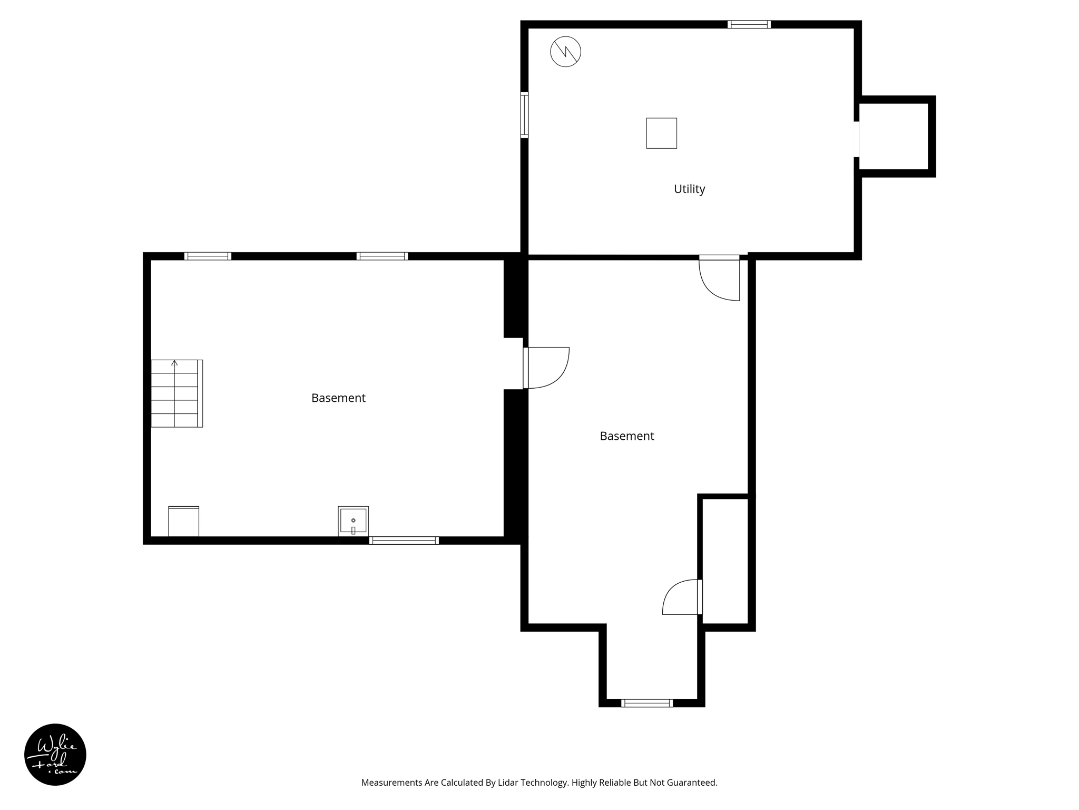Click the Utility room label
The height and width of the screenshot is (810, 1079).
(x=689, y=189)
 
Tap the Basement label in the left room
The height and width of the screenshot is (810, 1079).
(x=338, y=398)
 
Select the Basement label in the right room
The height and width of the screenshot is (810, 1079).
(x=626, y=436)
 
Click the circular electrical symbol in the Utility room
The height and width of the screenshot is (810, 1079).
(x=565, y=52)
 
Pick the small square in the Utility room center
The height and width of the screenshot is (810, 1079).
(x=661, y=133)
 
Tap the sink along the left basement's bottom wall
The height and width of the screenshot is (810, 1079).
(x=353, y=521)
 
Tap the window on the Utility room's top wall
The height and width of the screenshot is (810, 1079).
(x=749, y=24)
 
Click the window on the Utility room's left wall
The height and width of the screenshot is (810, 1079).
(x=524, y=115)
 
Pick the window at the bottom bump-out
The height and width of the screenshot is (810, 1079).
(x=647, y=703)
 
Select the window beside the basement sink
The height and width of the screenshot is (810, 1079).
(x=404, y=541)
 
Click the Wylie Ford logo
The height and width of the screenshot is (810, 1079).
(x=55, y=755)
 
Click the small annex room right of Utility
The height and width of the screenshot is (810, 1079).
(x=894, y=137)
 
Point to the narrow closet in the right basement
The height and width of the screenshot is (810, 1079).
(x=725, y=561)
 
